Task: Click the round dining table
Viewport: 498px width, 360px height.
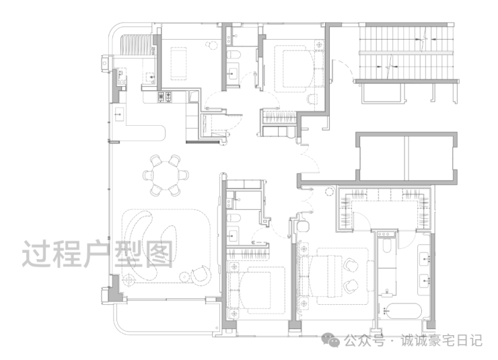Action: coord(166,175)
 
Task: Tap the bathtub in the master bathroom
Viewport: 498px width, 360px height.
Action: coord(402,312)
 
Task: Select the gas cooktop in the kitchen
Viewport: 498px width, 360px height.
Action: coord(165,96)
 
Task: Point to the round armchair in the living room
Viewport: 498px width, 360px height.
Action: coord(201,275)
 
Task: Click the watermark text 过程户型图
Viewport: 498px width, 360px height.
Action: coord(98,254)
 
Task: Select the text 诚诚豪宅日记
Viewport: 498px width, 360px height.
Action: coord(441,340)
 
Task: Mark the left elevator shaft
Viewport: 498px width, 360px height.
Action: coord(382,157)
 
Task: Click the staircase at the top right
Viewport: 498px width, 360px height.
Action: coord(406,52)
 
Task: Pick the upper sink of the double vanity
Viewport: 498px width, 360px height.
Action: coord(425,258)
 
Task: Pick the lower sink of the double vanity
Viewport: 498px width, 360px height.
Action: coord(425,281)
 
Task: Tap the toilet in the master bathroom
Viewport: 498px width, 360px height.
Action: coord(386,245)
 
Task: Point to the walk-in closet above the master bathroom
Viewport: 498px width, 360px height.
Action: coord(385,209)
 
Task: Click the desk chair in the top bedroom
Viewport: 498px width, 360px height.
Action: coord(312,98)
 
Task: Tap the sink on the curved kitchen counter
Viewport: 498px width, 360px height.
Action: coord(119,114)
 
